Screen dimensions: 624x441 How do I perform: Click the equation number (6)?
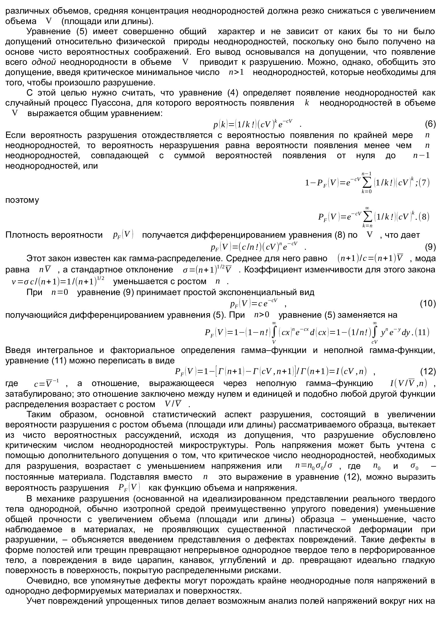tap(430, 124)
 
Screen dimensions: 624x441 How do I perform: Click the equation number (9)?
tap(430, 247)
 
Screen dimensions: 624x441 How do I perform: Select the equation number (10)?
tap(428, 303)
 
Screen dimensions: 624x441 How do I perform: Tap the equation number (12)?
tap(428, 371)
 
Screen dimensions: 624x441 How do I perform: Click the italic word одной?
tap(44, 62)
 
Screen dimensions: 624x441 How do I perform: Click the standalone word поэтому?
tap(22, 200)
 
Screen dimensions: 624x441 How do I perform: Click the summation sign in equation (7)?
tap(367, 183)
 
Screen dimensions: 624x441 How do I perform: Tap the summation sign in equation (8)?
tap(367, 217)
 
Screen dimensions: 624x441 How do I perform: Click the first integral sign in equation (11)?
tap(274, 332)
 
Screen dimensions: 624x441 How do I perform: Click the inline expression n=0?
tap(60, 292)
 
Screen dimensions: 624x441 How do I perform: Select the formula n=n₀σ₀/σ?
tap(314, 466)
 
